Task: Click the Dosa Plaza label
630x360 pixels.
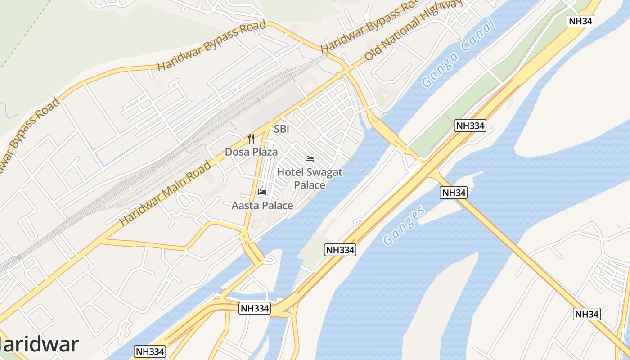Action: (251, 152)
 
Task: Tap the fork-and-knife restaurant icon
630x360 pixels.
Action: (251, 139)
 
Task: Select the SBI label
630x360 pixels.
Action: (282, 129)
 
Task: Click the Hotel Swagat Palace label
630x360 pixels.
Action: (310, 178)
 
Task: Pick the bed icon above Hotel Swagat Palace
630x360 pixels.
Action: (310, 159)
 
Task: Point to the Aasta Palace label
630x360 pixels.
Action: (262, 206)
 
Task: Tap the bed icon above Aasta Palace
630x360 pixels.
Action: (262, 192)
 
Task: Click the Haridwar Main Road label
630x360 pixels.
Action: (165, 193)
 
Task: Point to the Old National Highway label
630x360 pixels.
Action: (414, 31)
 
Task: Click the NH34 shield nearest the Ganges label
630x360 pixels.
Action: (454, 193)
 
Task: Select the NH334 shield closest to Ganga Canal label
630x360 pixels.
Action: (470, 126)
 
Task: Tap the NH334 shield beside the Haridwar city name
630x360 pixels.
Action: (150, 351)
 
